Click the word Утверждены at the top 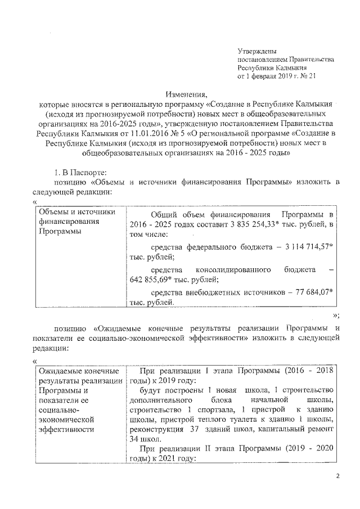[257, 51]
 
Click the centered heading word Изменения [186, 94]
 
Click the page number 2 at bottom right [336, 477]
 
